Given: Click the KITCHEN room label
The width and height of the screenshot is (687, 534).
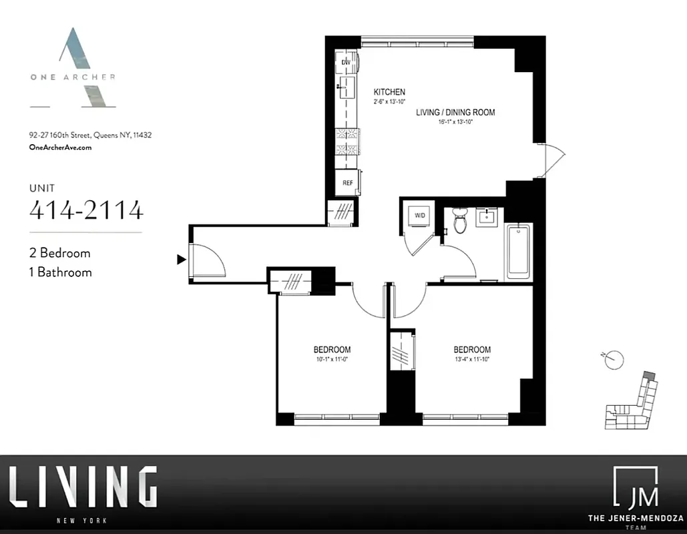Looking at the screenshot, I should click(389, 92).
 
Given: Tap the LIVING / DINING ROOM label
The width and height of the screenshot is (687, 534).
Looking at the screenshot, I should click(455, 112).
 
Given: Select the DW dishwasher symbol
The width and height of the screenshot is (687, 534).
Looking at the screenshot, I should click(347, 63).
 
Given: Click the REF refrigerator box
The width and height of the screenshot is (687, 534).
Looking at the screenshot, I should click(348, 182).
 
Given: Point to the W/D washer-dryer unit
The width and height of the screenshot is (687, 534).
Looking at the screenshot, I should click(420, 216).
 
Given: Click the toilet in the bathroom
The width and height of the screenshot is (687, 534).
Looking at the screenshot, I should click(460, 220).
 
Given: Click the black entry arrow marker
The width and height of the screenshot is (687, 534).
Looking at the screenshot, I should click(180, 259).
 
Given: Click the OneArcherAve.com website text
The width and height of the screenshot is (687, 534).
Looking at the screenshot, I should click(60, 148).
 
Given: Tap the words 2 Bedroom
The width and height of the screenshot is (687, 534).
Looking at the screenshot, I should click(59, 253).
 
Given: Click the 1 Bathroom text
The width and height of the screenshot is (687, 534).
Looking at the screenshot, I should click(61, 272).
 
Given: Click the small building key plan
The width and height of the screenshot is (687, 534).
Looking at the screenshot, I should click(630, 404).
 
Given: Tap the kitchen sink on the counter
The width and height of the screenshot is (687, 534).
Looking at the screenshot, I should click(346, 86).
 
